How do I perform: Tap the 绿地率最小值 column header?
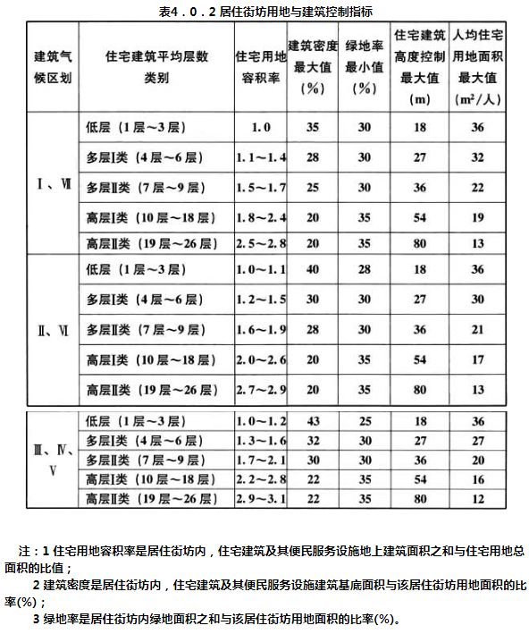pos(364,68)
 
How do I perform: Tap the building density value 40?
pos(313,269)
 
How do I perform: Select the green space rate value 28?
pos(364,269)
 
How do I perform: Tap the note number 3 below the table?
pos(36,618)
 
